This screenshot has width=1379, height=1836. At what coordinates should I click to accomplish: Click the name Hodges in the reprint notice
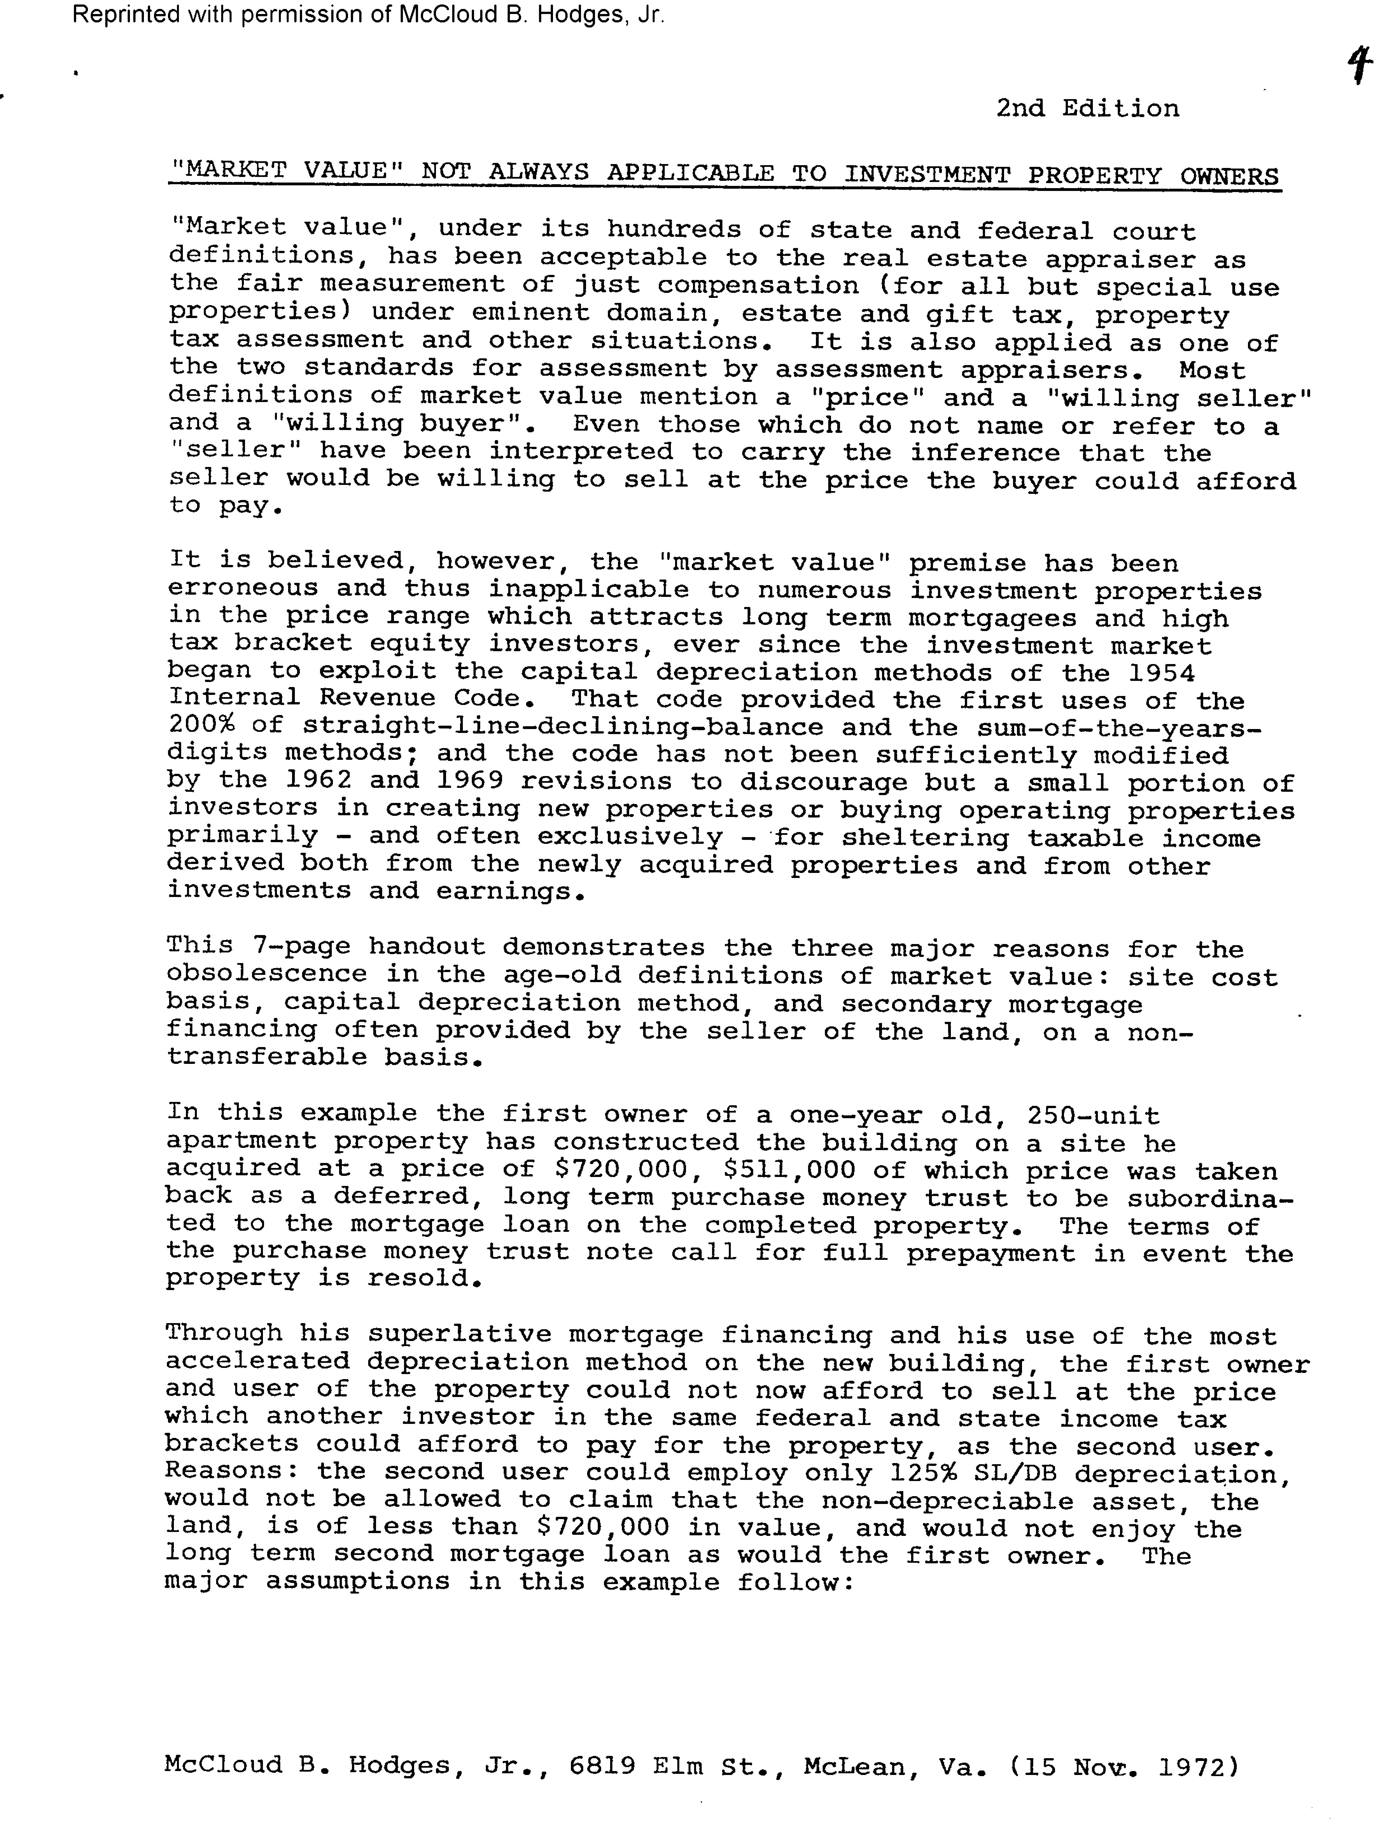[x=583, y=15]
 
